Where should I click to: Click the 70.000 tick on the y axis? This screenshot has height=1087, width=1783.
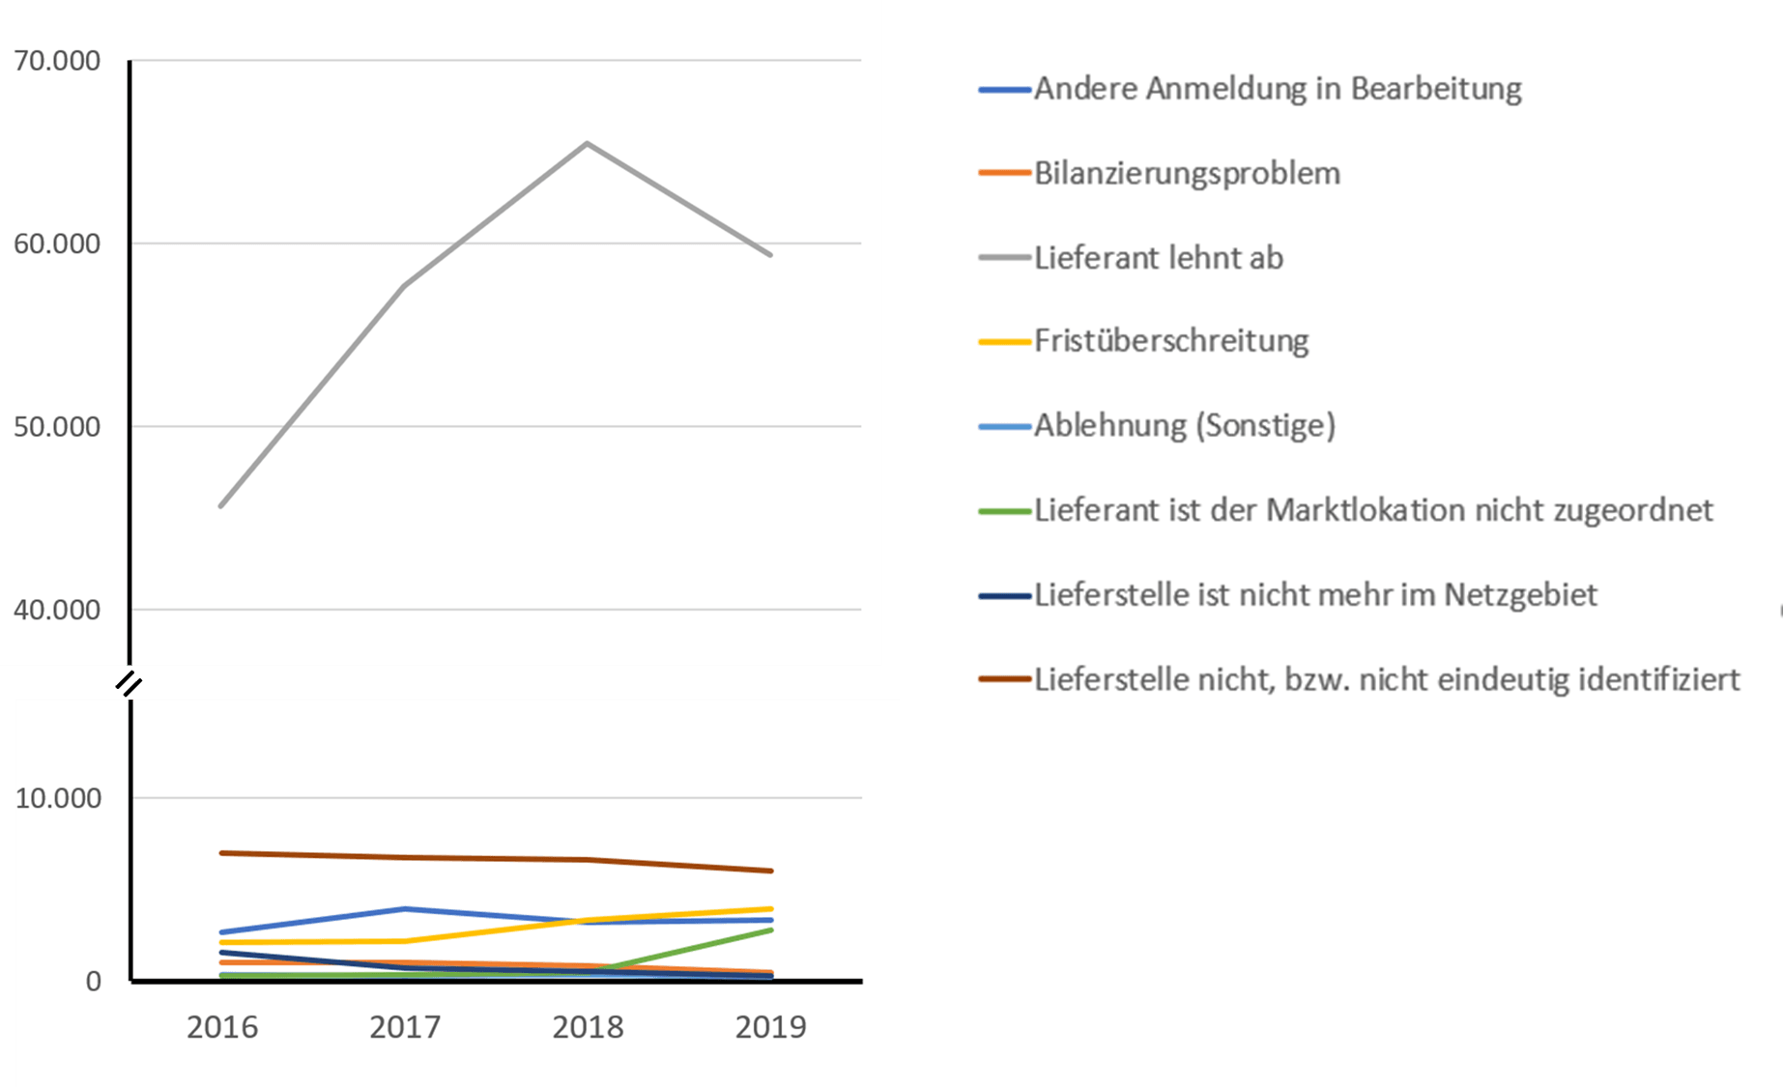pos(57,61)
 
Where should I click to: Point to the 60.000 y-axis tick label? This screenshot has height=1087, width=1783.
pos(57,243)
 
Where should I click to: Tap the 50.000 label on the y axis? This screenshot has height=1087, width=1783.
pos(57,426)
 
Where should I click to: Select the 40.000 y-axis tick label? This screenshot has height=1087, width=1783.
pos(57,610)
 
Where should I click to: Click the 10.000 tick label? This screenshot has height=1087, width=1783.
pos(58,798)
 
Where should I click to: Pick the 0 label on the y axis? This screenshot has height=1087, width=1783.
pos(93,982)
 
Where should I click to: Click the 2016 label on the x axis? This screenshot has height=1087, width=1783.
pos(222,1027)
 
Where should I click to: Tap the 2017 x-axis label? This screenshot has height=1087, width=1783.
pos(405,1027)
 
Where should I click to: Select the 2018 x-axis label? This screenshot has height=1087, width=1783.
pos(588,1027)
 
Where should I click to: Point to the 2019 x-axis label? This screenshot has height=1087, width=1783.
pos(770,1027)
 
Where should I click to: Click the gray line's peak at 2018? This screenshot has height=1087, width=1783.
pos(588,144)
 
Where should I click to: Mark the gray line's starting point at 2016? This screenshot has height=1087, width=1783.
pos(221,505)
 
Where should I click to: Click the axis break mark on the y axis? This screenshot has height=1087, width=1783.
pos(129,685)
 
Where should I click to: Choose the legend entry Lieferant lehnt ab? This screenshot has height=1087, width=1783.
pos(1158,258)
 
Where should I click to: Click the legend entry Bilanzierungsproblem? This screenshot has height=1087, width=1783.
pos(1187,174)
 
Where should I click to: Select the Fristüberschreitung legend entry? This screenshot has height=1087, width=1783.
pos(1171,341)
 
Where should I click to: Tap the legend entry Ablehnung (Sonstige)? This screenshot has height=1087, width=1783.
pos(1185,425)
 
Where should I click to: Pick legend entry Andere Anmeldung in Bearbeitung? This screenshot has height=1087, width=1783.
pos(1278,89)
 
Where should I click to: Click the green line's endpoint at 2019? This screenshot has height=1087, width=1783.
pos(771,930)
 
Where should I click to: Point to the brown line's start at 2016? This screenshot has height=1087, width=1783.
pos(221,853)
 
